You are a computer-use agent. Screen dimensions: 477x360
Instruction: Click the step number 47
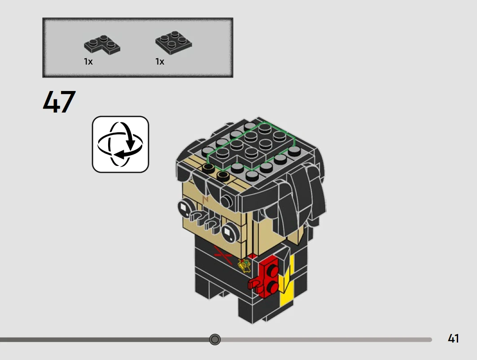(x=59, y=102)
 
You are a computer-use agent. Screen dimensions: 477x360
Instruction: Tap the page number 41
(x=453, y=338)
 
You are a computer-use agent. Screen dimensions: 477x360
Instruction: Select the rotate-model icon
(x=120, y=144)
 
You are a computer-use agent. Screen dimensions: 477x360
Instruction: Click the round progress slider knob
(x=215, y=339)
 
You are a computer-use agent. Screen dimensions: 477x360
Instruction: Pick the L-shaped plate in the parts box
(x=102, y=45)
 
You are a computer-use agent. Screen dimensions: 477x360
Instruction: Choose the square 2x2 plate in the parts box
(x=174, y=43)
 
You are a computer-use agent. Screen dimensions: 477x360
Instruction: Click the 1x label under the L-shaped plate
(x=88, y=62)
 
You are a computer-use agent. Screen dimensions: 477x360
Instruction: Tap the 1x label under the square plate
(x=160, y=62)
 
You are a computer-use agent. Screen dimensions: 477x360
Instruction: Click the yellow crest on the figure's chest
(x=244, y=266)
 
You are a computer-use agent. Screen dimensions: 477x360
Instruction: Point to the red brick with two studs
(x=269, y=275)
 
